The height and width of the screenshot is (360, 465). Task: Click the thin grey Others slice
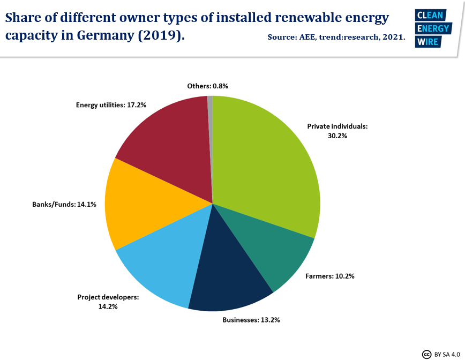(x=210, y=107)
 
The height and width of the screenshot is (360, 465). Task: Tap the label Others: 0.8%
(x=208, y=86)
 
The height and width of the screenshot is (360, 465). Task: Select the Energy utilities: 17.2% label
(x=111, y=105)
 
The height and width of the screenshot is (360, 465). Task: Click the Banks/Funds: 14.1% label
(x=64, y=204)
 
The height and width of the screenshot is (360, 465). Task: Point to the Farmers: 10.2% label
(x=330, y=276)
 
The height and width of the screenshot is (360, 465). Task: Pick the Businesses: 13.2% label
(x=251, y=320)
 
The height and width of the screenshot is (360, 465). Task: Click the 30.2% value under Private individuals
(x=337, y=136)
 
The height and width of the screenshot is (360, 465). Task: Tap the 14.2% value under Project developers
(x=108, y=306)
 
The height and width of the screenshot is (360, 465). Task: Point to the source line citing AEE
(x=336, y=39)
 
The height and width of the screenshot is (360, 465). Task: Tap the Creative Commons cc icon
(x=427, y=354)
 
